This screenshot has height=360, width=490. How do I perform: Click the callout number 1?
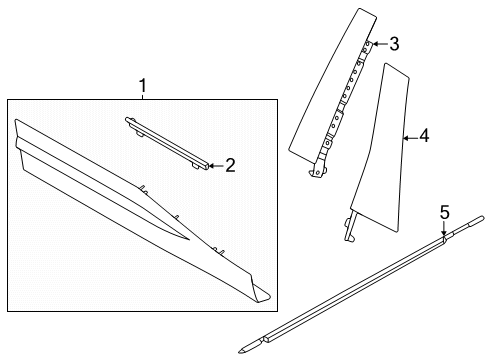click(142, 87)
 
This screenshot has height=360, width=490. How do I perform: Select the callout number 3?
click(394, 44)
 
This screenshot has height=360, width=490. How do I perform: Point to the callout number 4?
click(424, 135)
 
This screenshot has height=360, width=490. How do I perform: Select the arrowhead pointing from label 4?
click(401, 135)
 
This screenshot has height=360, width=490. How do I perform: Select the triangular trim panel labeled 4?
click(385, 150)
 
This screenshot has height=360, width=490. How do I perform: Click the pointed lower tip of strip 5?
click(244, 350)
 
